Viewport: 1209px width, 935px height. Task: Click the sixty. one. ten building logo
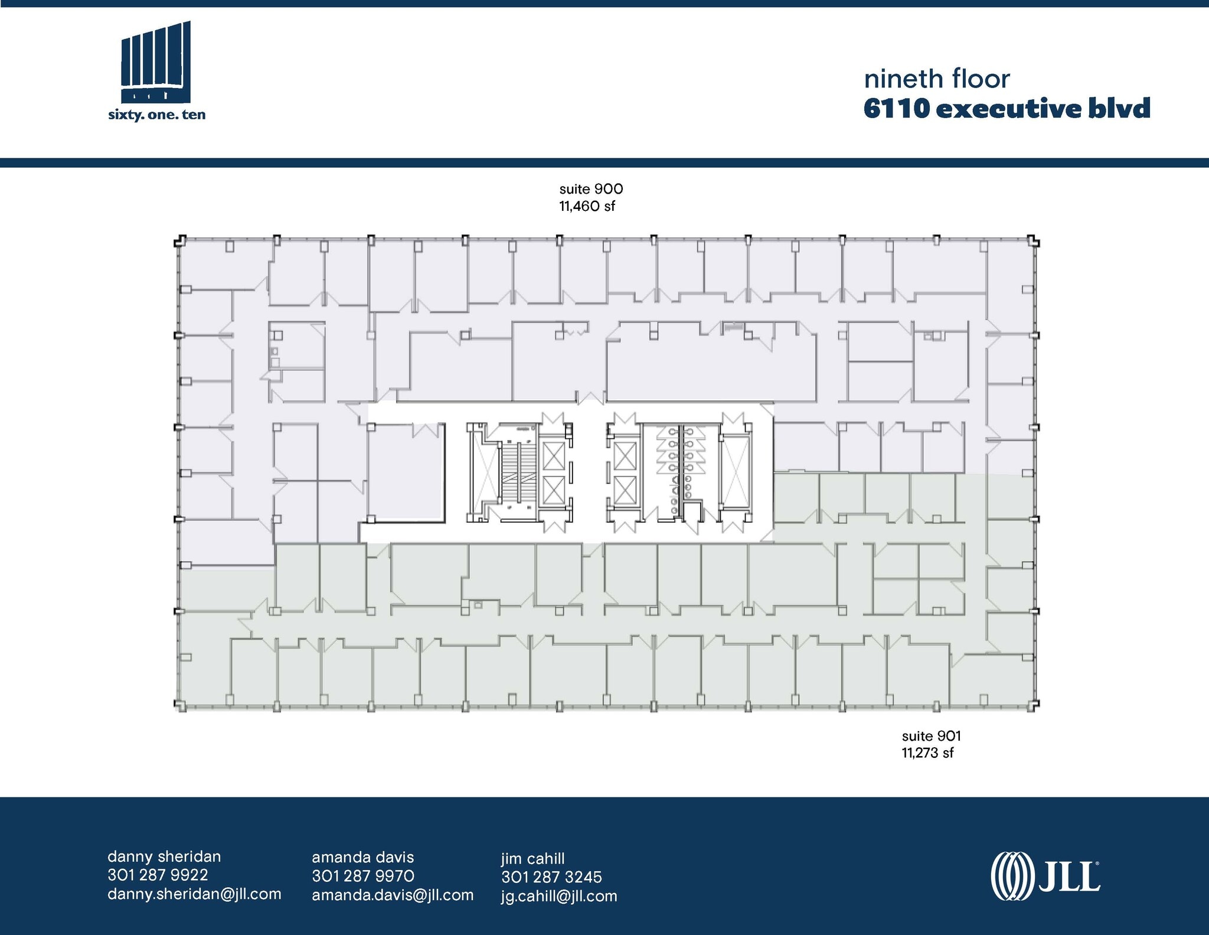156,71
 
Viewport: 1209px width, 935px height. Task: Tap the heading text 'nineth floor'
937,79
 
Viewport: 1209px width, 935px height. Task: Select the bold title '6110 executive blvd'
1007,109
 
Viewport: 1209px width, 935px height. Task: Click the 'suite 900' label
591,189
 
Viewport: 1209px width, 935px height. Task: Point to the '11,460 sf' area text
587,206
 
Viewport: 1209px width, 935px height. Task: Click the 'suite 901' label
931,736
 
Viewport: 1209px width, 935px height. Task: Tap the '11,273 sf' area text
927,753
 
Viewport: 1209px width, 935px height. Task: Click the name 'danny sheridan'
164,856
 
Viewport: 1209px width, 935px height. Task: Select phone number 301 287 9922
158,875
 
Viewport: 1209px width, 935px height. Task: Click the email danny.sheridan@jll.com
194,894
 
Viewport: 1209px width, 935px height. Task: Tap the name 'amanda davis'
362,857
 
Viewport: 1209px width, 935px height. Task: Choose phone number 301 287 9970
363,875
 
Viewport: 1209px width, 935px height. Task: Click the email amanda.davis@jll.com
393,895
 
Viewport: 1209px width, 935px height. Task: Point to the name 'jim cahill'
532,858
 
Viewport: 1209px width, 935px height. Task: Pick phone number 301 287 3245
551,877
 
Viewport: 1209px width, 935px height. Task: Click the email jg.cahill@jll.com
559,896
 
